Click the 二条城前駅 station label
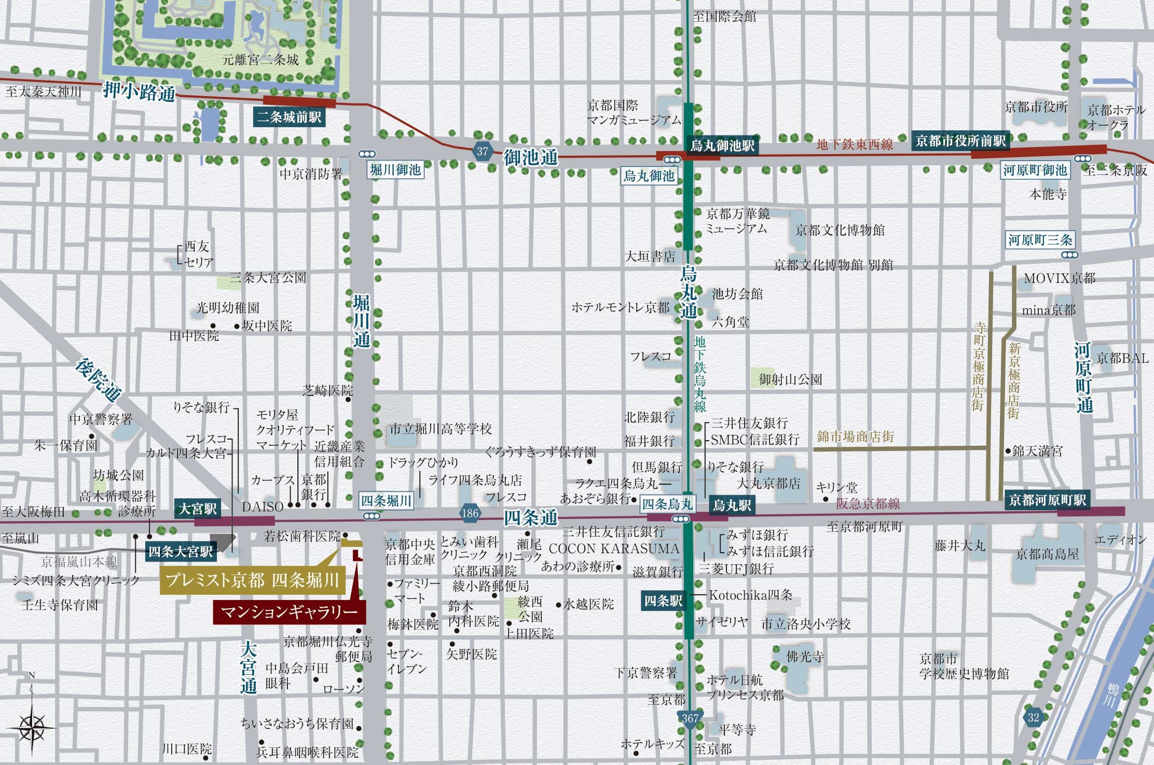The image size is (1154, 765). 289,117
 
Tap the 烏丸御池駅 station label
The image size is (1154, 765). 722,145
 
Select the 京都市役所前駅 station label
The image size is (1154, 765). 960,141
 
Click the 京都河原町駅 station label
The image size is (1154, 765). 1047,500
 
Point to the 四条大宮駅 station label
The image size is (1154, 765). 181,551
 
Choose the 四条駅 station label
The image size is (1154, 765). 663,601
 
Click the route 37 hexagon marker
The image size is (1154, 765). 483,152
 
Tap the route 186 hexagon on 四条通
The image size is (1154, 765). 470,513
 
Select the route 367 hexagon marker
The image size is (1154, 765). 690,718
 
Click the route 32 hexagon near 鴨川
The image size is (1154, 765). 1033,717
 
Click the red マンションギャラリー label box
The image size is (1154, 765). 289,612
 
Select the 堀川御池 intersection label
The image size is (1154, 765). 395,170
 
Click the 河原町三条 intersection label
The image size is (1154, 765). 1040,240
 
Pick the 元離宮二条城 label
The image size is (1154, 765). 260,60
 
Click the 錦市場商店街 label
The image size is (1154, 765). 855,436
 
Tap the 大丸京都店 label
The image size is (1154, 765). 768,484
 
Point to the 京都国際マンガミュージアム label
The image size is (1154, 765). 634,113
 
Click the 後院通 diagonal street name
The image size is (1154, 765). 98,380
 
